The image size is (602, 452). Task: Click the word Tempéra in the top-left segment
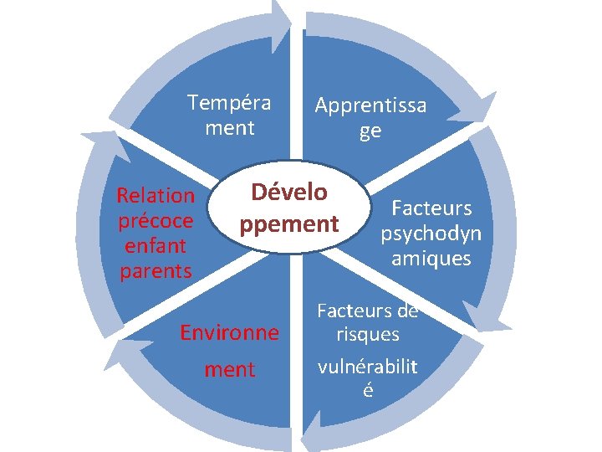229,103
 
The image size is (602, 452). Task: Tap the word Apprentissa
370,105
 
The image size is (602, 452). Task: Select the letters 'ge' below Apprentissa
370,131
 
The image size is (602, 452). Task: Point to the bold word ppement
288,224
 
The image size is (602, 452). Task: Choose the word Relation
156,196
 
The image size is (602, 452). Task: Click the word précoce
156,221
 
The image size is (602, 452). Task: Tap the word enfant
156,246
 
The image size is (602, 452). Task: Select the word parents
156,271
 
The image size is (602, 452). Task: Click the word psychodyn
431,233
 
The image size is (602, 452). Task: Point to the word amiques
431,259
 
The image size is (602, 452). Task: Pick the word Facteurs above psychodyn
431,208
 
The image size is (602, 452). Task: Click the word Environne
230,333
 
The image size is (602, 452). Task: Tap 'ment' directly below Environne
230,370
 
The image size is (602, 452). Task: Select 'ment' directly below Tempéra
229,129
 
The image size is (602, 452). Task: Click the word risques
368,335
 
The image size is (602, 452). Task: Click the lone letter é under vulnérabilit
368,391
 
